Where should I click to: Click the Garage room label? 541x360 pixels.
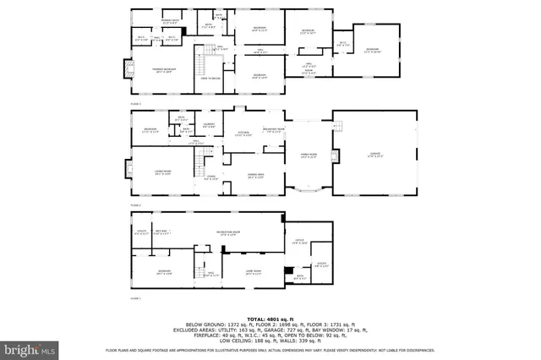pos(374,155)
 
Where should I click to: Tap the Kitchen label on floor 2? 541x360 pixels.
pos(243,135)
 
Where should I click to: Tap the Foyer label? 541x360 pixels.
pos(211,178)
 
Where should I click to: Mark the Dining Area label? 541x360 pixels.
pos(255,176)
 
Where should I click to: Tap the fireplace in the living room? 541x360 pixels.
pos(130,172)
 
